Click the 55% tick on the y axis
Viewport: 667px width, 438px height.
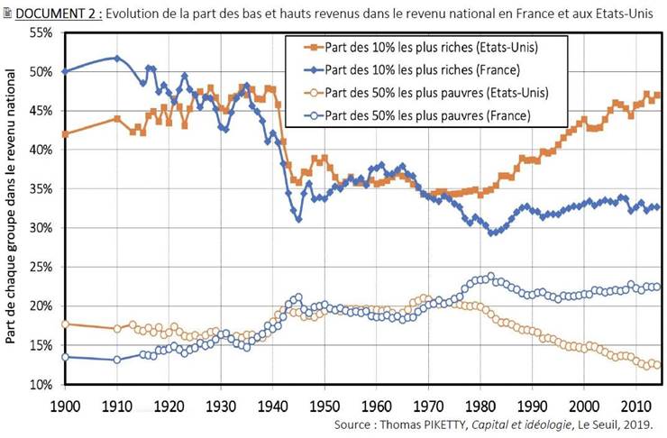coord(40,32)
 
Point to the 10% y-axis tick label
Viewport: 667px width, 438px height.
coord(40,385)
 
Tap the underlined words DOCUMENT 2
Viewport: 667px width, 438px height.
coord(56,12)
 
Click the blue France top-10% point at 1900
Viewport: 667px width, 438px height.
coord(64,71)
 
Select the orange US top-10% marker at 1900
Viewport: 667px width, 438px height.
coord(64,133)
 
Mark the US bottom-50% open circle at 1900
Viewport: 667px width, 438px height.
coord(64,324)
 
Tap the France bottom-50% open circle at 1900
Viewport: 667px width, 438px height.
coord(64,357)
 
